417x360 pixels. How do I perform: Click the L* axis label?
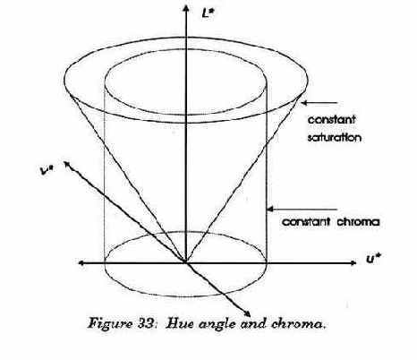coord(208,13)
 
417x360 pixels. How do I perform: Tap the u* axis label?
coord(374,259)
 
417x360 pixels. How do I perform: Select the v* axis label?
coord(47,170)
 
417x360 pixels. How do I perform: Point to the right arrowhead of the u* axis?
coord(353,263)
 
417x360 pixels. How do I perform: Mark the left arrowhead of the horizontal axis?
coord(81,263)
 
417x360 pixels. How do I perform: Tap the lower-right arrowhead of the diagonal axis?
coord(247,313)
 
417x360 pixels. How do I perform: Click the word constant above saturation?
coord(332,120)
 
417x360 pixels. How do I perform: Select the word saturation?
coord(335,137)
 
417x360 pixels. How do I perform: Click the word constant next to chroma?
coord(306,222)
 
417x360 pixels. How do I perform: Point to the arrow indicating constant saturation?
coord(319,103)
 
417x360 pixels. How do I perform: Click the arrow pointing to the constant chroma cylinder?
coord(302,210)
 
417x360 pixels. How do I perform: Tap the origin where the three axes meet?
coord(185,262)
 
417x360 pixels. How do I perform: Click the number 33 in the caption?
coord(146,323)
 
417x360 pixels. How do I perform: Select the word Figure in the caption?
coord(110,324)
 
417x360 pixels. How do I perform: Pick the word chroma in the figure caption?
coord(297,324)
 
